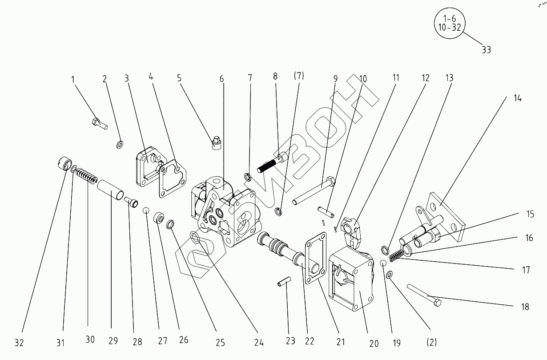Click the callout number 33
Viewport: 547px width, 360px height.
[x=486, y=50]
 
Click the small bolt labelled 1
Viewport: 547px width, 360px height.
[x=100, y=123]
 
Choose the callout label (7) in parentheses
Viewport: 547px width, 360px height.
[x=298, y=76]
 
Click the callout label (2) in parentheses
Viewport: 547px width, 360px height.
[x=431, y=342]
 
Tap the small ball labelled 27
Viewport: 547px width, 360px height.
[x=146, y=210]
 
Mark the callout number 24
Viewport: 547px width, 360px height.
[x=259, y=343]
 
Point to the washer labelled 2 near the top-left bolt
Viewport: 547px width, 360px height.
[x=120, y=145]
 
